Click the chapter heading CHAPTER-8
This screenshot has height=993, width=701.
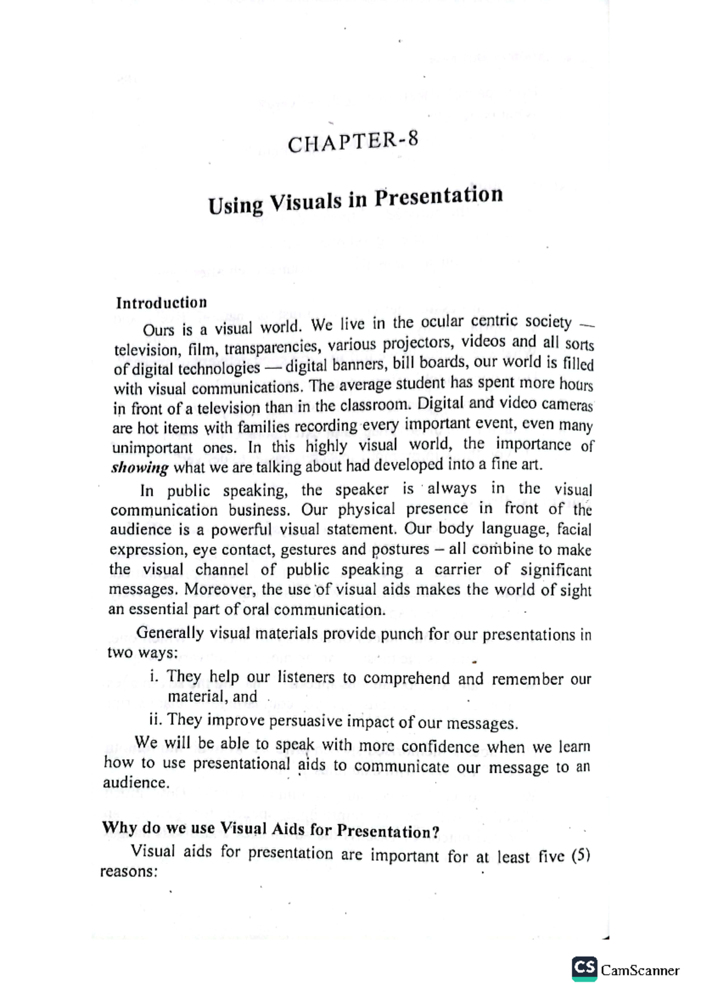pos(353,142)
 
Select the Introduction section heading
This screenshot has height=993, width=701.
pos(161,302)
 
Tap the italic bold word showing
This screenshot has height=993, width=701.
pos(140,467)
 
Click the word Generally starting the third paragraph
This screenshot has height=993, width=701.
pos(169,633)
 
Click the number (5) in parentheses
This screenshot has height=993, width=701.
pos(581,856)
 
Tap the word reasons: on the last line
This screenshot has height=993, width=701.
pos(129,871)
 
